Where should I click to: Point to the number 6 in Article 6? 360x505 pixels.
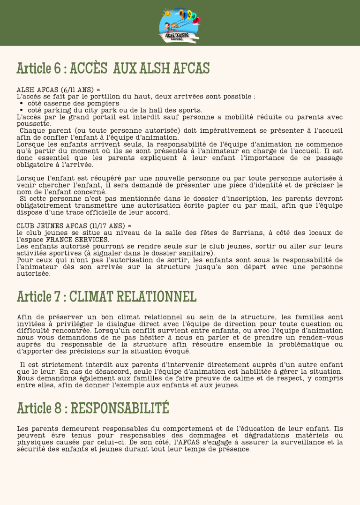click(57, 68)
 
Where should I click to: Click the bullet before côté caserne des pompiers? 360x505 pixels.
click(22, 103)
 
